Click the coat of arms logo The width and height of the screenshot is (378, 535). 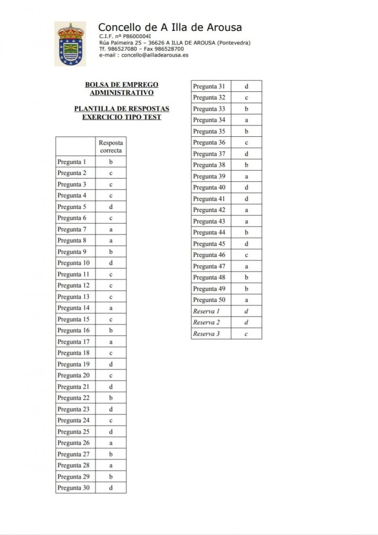click(70, 44)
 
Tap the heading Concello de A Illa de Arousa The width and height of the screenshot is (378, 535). click(170, 27)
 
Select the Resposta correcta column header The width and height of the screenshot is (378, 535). click(111, 146)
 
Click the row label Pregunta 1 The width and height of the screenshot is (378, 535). click(72, 162)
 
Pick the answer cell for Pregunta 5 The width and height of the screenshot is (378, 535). click(111, 207)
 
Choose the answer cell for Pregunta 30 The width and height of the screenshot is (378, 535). click(111, 488)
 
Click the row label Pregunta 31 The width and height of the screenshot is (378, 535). click(209, 86)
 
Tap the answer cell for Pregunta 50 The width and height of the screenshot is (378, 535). click(246, 300)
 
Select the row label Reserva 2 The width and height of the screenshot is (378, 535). click(207, 322)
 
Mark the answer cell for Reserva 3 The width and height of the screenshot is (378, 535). click(246, 334)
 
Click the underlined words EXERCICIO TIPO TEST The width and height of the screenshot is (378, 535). click(122, 118)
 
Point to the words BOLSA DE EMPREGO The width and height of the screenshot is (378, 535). click(121, 85)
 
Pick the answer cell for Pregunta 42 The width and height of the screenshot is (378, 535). click(246, 210)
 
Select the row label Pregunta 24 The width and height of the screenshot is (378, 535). click(74, 421)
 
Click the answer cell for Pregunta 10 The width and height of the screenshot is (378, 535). click(111, 263)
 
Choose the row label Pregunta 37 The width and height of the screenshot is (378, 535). click(209, 154)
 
